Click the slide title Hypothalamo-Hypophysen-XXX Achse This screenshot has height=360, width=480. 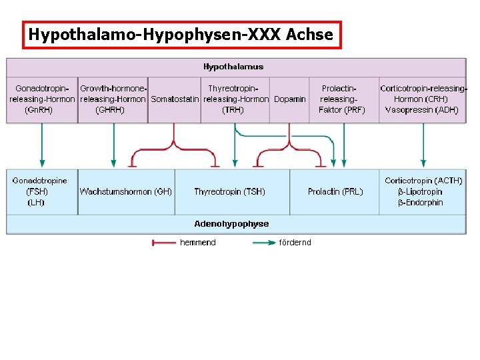coord(181,35)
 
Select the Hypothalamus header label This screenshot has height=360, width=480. coord(233,67)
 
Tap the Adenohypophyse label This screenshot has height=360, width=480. coord(231,224)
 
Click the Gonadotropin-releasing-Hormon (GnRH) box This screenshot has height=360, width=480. coord(42,99)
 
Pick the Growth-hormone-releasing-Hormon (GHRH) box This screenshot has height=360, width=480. coord(113,99)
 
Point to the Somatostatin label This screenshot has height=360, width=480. coord(175,99)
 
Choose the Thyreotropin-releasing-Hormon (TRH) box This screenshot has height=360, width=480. coord(235,99)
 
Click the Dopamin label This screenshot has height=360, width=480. coord(290,99)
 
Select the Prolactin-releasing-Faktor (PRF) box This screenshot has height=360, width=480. coord(341,99)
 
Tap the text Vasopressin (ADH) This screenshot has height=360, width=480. coord(422,110)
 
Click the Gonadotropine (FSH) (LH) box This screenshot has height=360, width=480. coord(40,191)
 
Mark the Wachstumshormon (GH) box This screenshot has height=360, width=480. coord(126,191)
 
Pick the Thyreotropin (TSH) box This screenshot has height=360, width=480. coord(229,191)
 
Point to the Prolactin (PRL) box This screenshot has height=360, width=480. coord(335,191)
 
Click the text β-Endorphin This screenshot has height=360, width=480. coord(421,203)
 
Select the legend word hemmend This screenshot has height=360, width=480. coord(198,243)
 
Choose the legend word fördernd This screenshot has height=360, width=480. coord(295,243)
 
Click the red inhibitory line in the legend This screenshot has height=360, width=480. coord(164,243)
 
